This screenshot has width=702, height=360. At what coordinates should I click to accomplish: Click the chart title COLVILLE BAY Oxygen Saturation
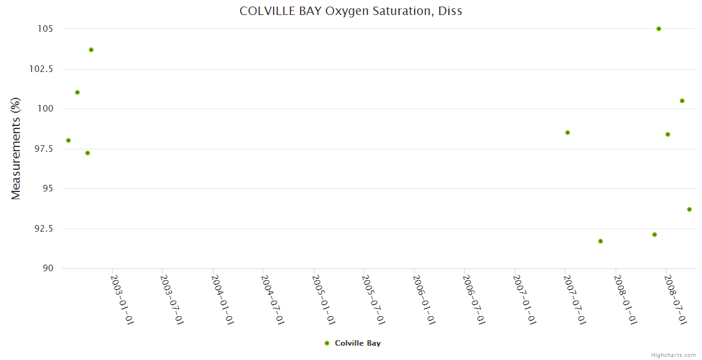coord(351,11)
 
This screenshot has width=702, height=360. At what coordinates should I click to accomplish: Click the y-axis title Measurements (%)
coord(16,148)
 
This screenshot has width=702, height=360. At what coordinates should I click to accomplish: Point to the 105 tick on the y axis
coord(46,29)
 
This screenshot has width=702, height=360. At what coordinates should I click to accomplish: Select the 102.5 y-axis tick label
coord(41,69)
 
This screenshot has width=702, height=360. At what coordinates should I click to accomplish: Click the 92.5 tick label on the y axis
coord(44,229)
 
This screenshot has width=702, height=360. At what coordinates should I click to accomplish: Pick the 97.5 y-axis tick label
coord(44,149)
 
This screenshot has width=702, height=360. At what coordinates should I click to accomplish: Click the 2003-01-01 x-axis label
coord(122,299)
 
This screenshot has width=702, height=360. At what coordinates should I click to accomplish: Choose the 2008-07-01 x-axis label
coord(676,299)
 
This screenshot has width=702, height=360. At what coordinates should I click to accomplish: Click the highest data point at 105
coord(659,29)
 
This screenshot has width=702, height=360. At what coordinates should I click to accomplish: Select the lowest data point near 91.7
coord(601,241)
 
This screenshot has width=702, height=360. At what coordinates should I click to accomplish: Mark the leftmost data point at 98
coord(68,140)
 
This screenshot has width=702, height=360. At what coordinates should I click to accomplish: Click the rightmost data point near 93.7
coord(689,209)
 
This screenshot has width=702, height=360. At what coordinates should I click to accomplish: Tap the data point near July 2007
coord(568,133)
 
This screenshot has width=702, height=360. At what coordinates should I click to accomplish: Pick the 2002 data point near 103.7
coord(91,50)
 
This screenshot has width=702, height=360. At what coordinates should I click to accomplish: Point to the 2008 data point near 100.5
coord(682,101)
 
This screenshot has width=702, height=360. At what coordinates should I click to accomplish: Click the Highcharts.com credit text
coord(673,355)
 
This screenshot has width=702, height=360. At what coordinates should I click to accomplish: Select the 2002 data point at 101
coord(77,92)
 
